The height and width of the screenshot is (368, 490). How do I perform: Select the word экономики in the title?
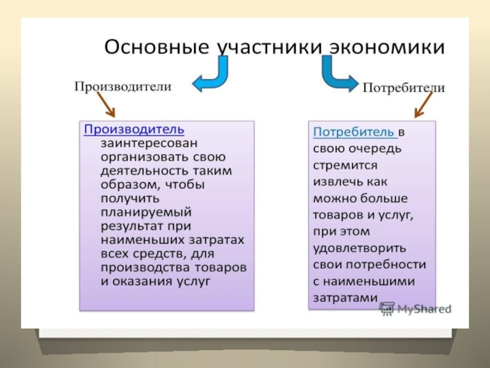tap(386, 47)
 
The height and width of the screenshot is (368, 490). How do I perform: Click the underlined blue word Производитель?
tap(134, 129)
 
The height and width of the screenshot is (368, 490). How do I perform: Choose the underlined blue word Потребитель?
tap(353, 132)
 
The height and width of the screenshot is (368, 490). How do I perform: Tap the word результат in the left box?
tap(129, 226)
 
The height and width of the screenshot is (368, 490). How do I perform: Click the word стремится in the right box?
tap(345, 165)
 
